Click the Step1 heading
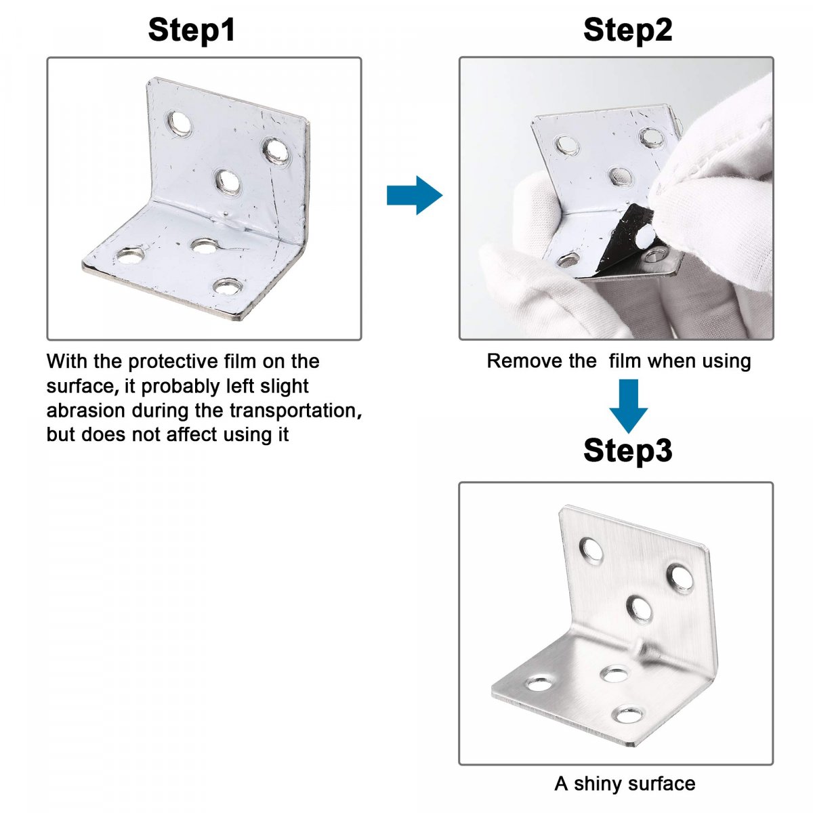pyautogui.click(x=192, y=30)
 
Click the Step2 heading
pyautogui.click(x=627, y=30)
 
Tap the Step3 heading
pyautogui.click(x=627, y=451)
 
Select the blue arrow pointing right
pyautogui.click(x=415, y=195)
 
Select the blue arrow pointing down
pyautogui.click(x=628, y=406)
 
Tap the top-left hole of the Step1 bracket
pyautogui.click(x=179, y=123)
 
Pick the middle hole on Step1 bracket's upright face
pyautogui.click(x=228, y=182)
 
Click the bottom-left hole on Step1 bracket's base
pyautogui.click(x=130, y=255)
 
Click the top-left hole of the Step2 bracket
pyautogui.click(x=566, y=145)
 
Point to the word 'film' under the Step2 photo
pyautogui.click(x=625, y=361)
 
